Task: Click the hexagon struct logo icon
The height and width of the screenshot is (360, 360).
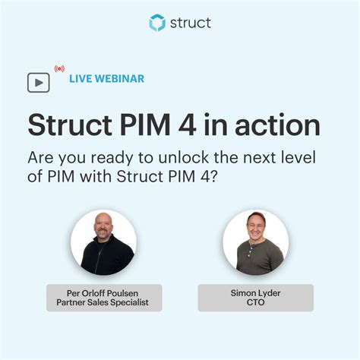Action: tap(157, 23)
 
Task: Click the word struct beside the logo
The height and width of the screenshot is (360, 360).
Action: tap(189, 23)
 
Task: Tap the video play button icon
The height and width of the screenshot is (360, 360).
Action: tap(38, 82)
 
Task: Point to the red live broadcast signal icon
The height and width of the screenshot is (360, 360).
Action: tap(59, 68)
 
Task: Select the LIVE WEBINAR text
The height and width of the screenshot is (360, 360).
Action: tap(106, 78)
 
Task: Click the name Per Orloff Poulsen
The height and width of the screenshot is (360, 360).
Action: tap(103, 292)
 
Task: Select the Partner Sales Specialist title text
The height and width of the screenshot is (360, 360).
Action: tap(103, 303)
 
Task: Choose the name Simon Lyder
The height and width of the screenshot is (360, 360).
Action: tap(255, 292)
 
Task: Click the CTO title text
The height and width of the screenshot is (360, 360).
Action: tap(255, 303)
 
